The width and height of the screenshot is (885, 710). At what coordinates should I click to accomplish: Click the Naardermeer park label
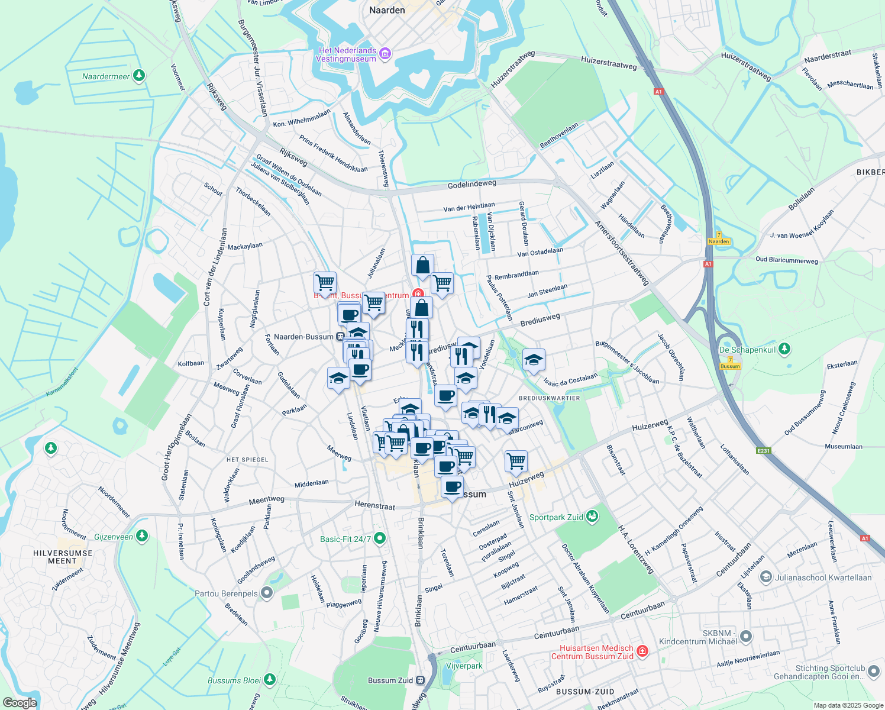coord(106,76)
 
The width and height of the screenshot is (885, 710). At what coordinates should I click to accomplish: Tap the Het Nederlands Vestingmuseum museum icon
coord(386,54)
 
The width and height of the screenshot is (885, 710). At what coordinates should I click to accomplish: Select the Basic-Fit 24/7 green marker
coord(380,538)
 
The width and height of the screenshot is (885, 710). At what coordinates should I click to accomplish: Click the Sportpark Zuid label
coord(556,517)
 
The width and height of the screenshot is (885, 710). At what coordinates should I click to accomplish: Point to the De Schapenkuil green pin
coord(784,349)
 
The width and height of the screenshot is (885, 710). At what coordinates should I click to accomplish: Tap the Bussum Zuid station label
coord(390,680)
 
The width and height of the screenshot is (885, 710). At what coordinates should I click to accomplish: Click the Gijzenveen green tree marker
coord(141,536)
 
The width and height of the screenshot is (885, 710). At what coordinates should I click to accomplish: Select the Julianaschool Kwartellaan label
coord(823,577)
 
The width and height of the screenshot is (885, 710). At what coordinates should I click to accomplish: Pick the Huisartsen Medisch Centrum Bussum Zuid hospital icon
coord(642,652)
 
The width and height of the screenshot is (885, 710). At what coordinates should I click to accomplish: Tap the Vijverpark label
coord(464,666)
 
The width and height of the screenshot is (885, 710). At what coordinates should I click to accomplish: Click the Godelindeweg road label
coord(471,185)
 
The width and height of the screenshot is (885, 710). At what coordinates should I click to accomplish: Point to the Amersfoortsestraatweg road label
coord(622,253)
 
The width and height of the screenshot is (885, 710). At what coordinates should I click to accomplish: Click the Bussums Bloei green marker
coord(270,679)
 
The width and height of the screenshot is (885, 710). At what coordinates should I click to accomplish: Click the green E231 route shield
coord(764,451)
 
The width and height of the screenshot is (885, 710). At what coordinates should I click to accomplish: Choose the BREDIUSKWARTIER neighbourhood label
coord(550,398)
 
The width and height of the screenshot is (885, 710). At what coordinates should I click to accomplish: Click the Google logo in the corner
coord(20,702)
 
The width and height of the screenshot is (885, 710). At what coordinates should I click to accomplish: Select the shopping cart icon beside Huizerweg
coord(516,461)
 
